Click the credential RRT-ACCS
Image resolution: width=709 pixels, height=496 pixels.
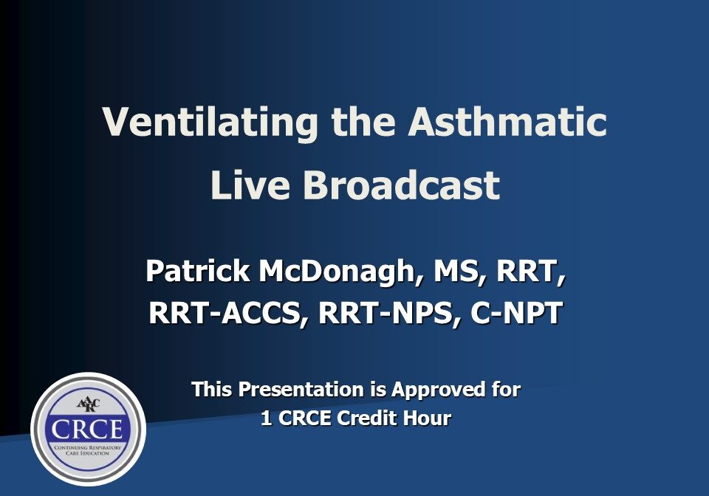(x=228, y=314)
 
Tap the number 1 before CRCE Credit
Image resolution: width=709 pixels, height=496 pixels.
(x=267, y=418)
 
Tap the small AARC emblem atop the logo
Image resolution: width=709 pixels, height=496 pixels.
(x=89, y=404)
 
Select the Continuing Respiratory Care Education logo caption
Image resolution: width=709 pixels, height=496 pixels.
(x=88, y=450)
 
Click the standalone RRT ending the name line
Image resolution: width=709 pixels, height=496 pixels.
(x=531, y=272)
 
